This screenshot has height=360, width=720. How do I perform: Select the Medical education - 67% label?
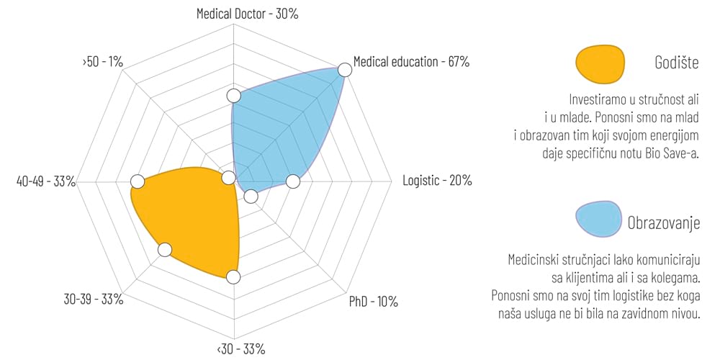point(411,62)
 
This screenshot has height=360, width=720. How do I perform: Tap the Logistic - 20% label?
point(437,180)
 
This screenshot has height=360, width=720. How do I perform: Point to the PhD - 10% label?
point(373,301)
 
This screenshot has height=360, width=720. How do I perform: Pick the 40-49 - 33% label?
point(46,181)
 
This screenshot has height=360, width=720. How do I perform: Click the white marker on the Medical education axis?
point(345,69)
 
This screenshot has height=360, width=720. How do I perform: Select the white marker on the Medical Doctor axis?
point(233,96)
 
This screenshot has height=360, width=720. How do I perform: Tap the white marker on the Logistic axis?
point(292,181)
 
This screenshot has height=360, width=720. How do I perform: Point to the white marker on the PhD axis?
point(251,196)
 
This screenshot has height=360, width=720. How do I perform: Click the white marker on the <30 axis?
point(233,276)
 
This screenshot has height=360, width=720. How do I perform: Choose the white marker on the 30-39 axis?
point(165,250)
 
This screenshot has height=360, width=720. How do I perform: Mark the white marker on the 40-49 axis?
point(138,181)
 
